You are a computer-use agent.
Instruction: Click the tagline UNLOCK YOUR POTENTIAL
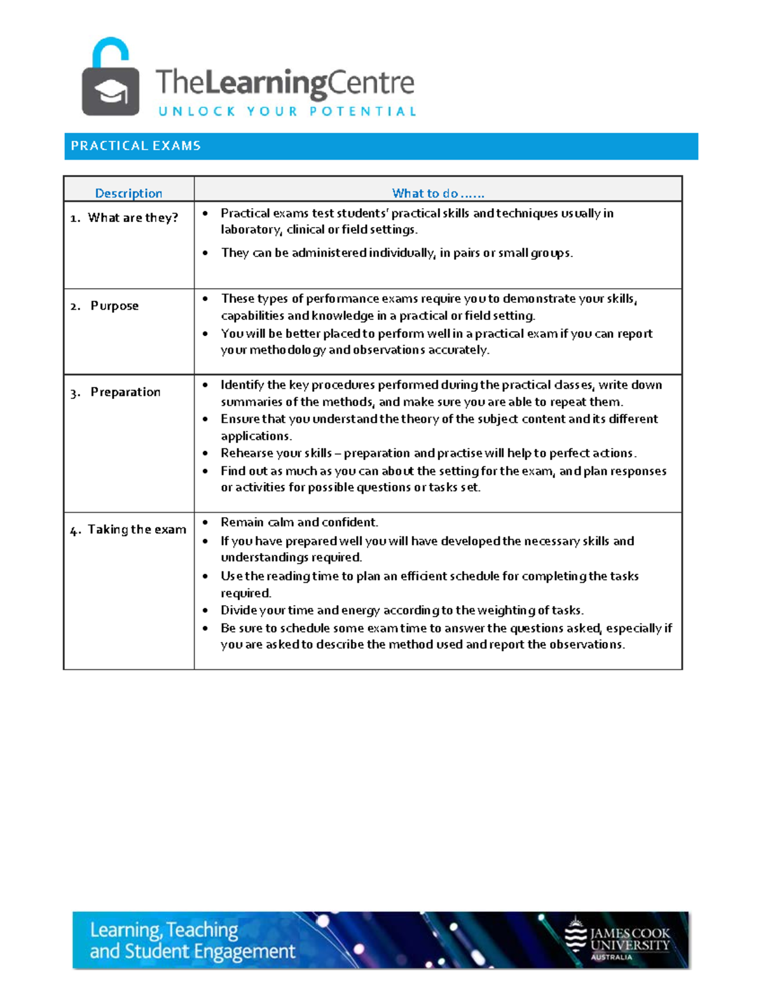[x=287, y=112]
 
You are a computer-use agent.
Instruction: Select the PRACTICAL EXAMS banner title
[x=135, y=146]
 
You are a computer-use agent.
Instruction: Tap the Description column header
[x=128, y=193]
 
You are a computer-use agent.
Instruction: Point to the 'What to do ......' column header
[x=437, y=193]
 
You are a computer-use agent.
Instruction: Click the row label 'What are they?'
[x=133, y=218]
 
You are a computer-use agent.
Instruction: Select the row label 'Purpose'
[x=114, y=306]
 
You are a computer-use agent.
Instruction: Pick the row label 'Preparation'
[x=125, y=392]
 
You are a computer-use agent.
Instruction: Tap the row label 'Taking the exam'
[x=137, y=529]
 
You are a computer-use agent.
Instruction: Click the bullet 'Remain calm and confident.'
[x=299, y=522]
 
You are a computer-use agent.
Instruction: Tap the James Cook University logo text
[x=629, y=939]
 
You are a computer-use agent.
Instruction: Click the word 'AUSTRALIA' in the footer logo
[x=611, y=957]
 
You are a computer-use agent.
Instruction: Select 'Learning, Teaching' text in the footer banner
[x=164, y=930]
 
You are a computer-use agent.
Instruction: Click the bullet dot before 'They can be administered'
[x=205, y=253]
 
